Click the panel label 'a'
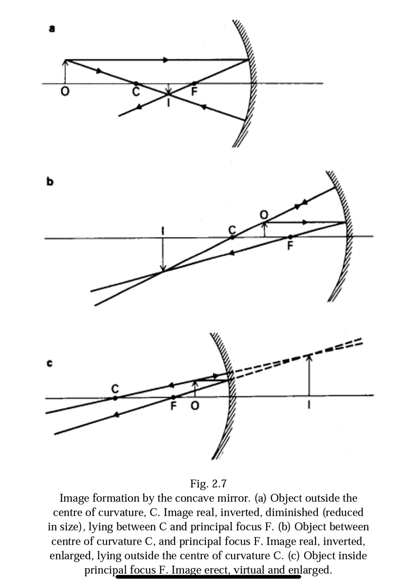click(52, 29)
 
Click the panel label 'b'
click(50, 181)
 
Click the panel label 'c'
click(50, 364)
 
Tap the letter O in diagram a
click(65, 92)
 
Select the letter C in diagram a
click(136, 92)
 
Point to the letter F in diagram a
click(194, 92)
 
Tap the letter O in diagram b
click(264, 215)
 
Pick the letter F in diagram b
click(290, 246)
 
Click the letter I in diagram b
click(162, 230)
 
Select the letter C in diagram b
click(232, 230)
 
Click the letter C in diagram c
click(115, 388)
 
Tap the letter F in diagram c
click(174, 406)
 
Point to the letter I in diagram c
click(309, 406)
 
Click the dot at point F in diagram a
click(194, 84)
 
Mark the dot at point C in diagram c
click(115, 398)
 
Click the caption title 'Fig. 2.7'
click(208, 484)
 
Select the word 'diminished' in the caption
click(292, 512)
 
